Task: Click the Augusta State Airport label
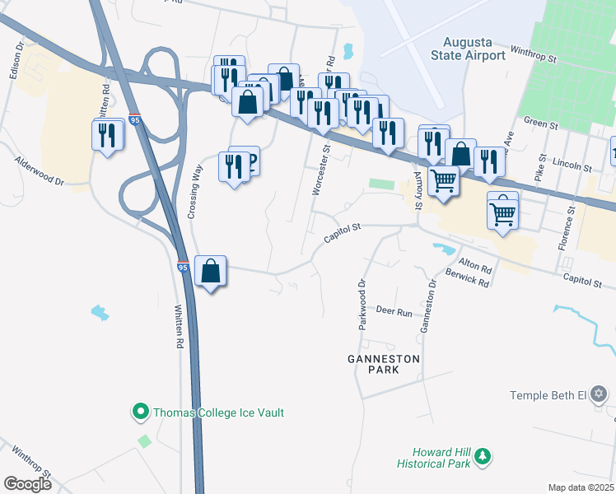click(x=474, y=49)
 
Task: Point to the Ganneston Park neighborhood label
click(x=384, y=364)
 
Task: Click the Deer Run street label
click(x=394, y=312)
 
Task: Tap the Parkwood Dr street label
click(x=362, y=304)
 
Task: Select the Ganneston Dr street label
click(x=427, y=305)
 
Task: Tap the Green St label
click(x=541, y=124)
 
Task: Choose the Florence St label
click(x=570, y=221)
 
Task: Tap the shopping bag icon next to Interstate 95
click(x=212, y=271)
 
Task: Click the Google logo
click(x=27, y=484)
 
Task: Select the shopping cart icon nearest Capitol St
click(x=502, y=214)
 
